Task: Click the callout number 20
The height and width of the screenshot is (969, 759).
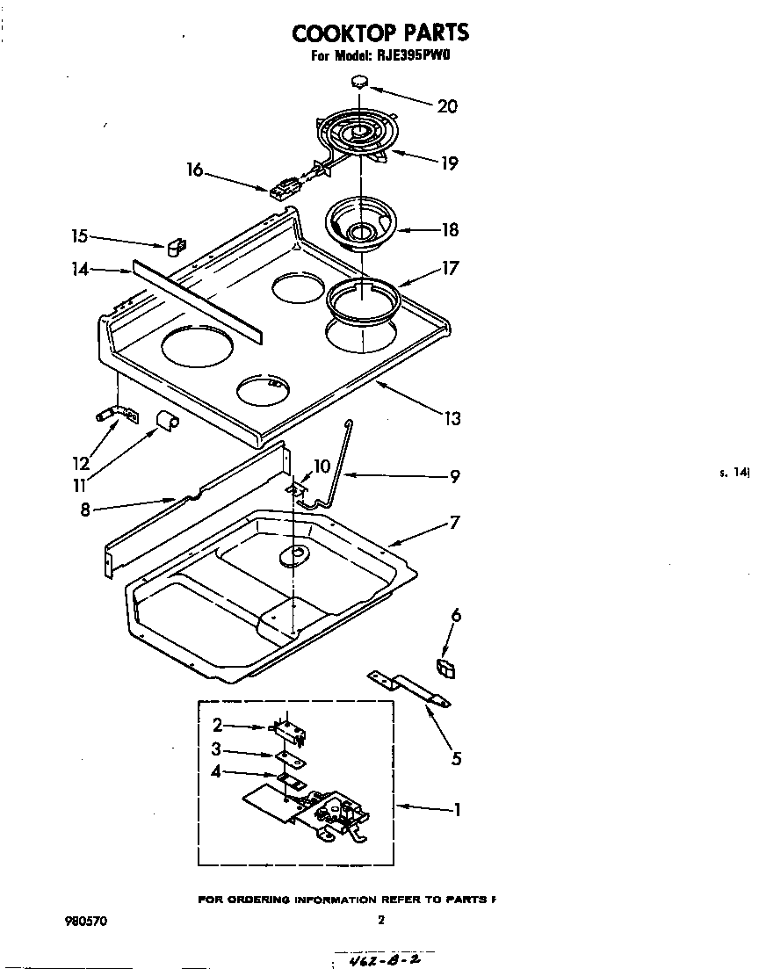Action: (447, 106)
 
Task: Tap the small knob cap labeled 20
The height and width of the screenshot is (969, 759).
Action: (359, 82)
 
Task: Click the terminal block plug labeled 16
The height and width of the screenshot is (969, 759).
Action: (285, 187)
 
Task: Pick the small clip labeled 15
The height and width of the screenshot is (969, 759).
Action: (176, 247)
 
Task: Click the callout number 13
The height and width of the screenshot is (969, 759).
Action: (452, 419)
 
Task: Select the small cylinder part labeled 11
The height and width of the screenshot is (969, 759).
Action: (166, 421)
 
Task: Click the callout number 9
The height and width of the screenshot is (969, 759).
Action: (454, 477)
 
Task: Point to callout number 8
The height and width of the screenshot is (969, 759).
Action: (85, 509)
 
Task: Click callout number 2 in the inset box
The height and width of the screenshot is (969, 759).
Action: (217, 726)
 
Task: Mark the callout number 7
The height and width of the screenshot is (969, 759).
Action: (454, 523)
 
